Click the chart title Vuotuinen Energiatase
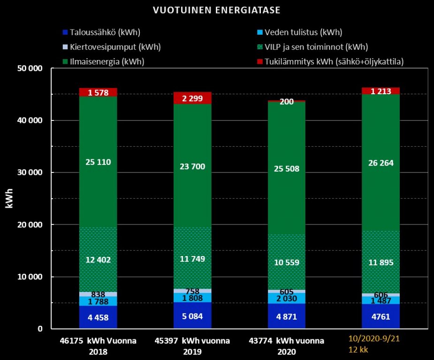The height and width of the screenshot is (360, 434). click(217, 10)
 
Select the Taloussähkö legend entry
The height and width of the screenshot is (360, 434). click(101, 33)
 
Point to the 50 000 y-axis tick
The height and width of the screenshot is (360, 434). click(30, 68)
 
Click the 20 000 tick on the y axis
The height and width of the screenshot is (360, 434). click(30, 225)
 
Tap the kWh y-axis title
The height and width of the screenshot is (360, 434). click(10, 198)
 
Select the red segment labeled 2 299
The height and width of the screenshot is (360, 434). click(192, 98)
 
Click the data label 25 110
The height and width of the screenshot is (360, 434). click(98, 162)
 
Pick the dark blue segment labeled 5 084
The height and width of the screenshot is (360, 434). click(192, 315)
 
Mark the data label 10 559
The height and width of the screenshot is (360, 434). click(286, 262)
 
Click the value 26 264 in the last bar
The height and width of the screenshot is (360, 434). click(381, 163)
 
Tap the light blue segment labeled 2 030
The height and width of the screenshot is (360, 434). click(286, 298)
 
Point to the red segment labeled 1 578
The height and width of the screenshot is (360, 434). click(98, 92)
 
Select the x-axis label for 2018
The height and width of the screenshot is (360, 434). click(98, 346)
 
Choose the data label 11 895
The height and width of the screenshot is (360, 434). click(381, 262)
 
